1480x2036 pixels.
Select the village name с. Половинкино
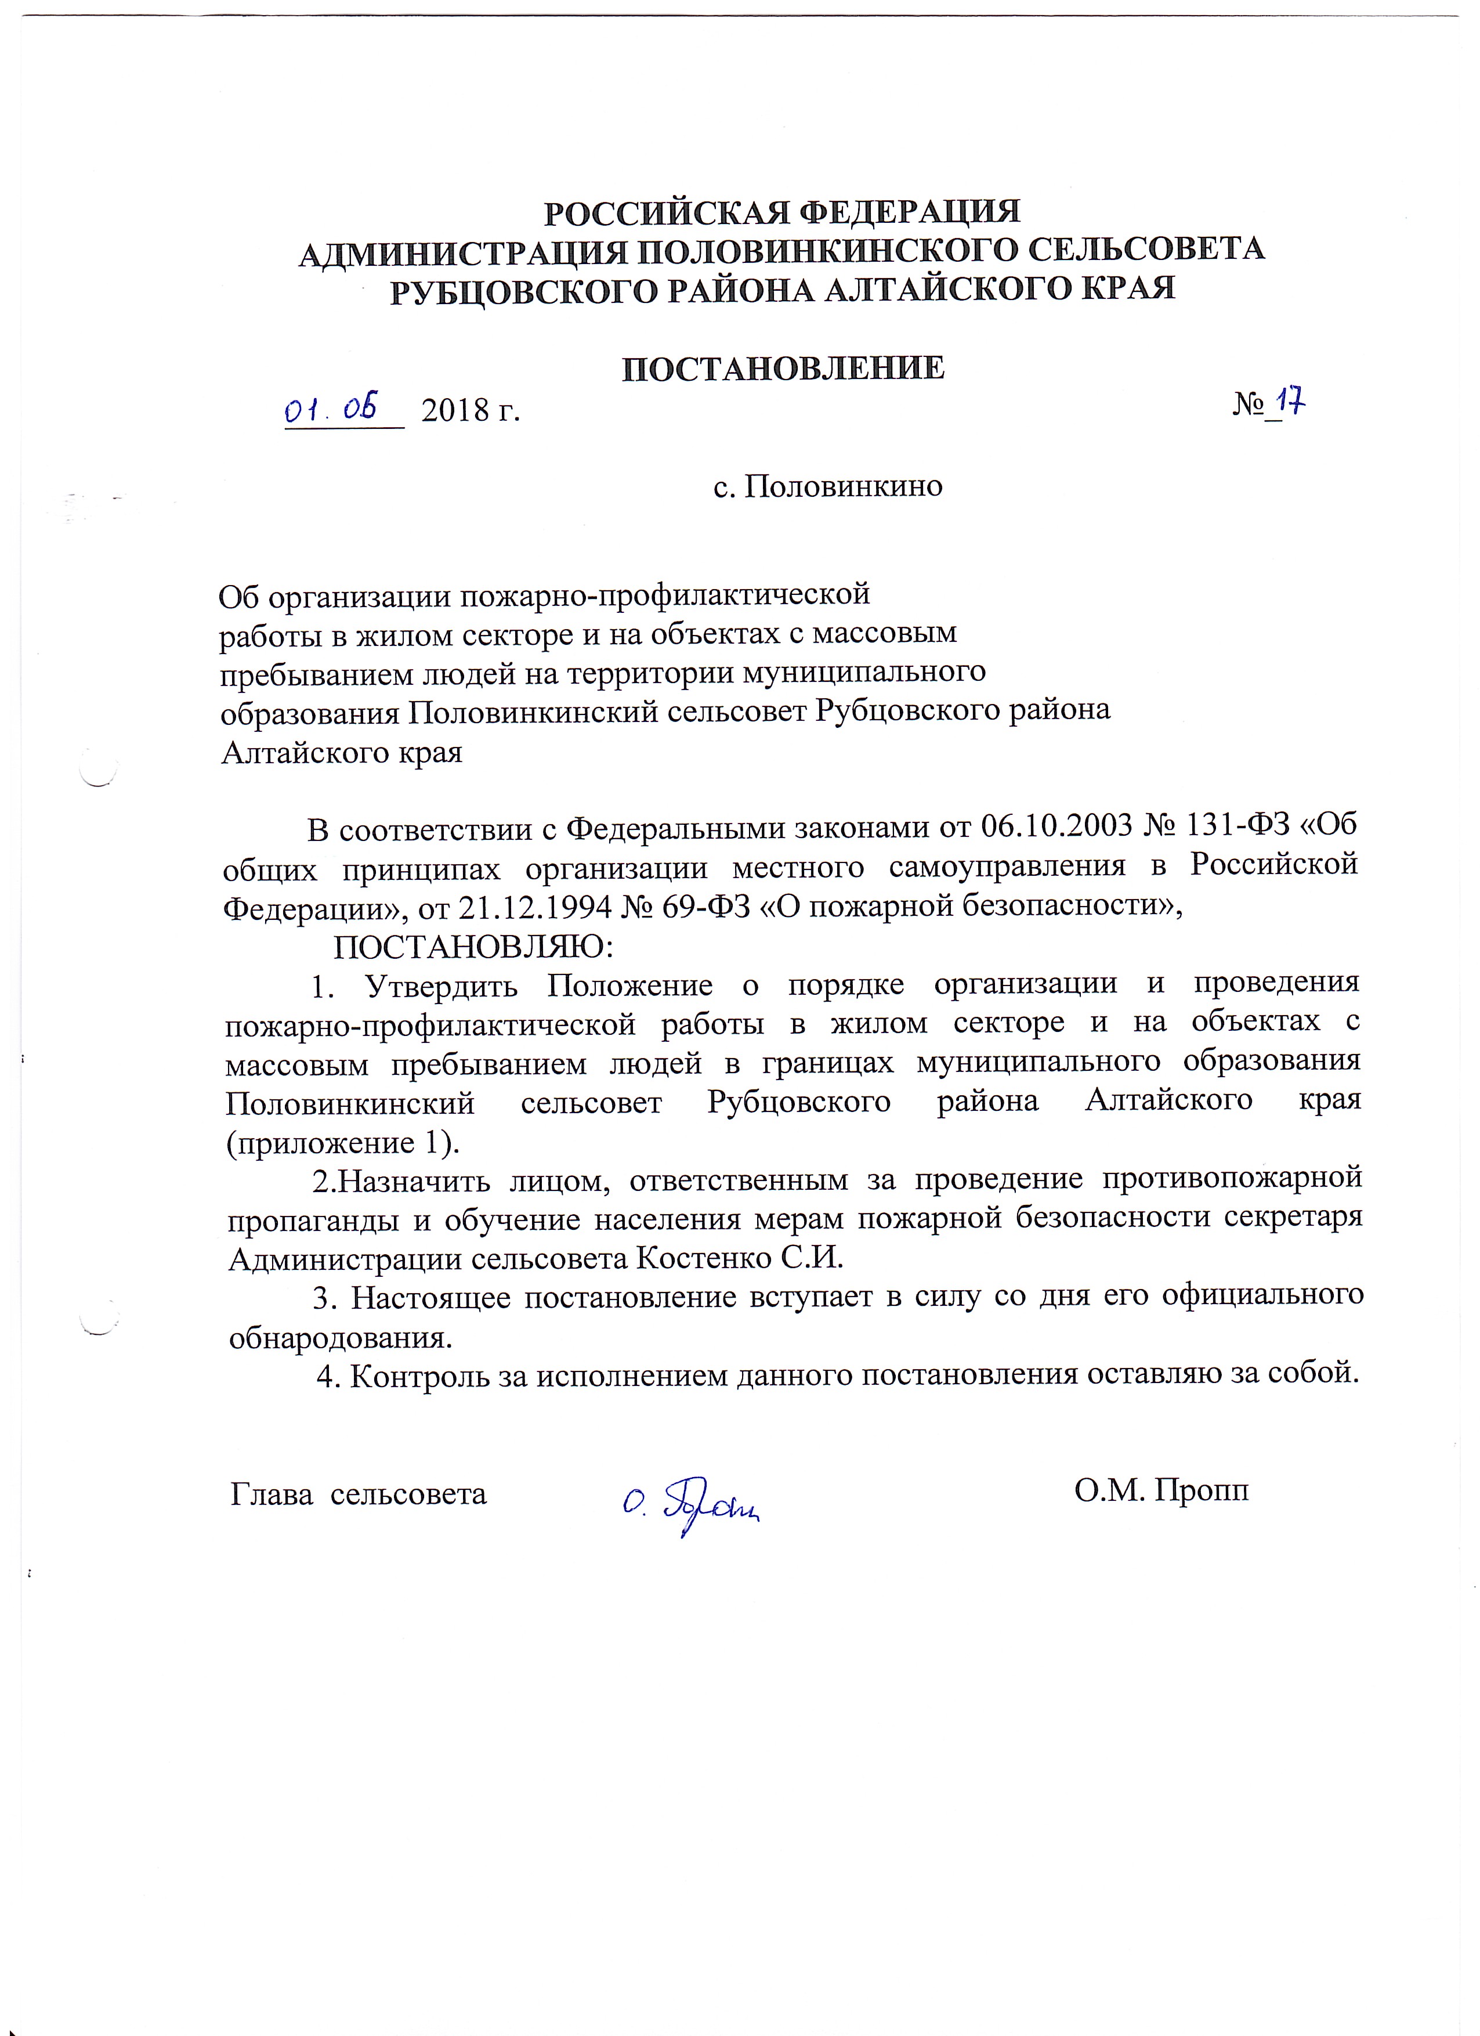click(827, 486)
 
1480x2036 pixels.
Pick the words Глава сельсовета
click(359, 1493)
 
